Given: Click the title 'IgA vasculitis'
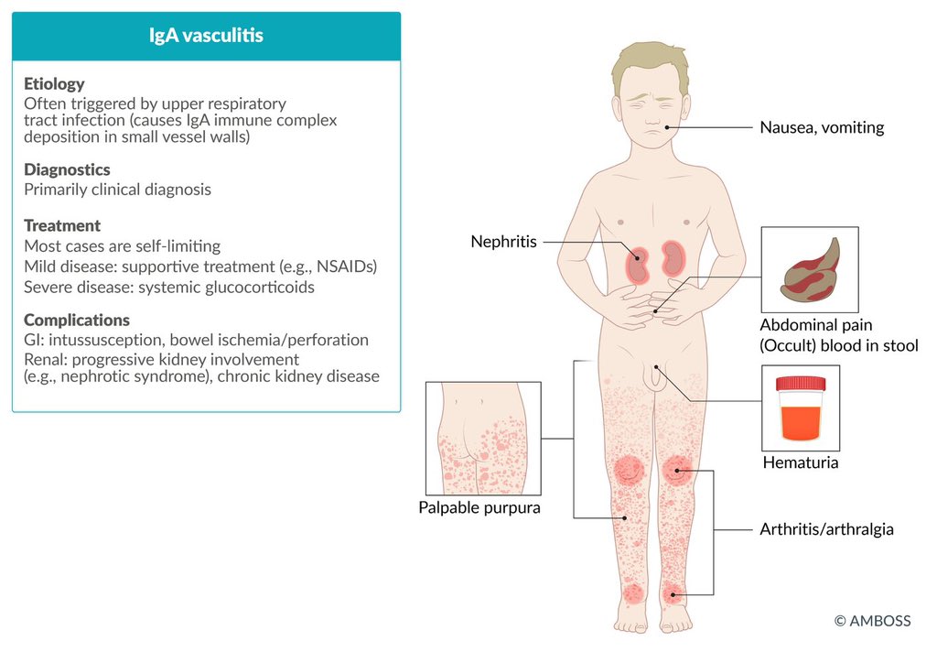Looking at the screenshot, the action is (206, 37).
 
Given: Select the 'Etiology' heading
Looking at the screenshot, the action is (54, 84).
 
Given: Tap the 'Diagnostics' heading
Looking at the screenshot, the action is (67, 169).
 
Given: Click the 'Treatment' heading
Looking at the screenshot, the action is (62, 225).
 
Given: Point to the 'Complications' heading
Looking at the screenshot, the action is (77, 321).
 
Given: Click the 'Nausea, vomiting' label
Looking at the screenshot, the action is (822, 127).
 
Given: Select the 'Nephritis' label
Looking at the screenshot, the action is (503, 242).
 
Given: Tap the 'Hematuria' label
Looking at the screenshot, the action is (801, 462).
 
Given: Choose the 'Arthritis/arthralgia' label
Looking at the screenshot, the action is (826, 529).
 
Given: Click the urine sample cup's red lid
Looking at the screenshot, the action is (801, 384).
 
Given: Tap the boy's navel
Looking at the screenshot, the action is (655, 310).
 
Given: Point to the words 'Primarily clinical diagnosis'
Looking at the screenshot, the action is (117, 190).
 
